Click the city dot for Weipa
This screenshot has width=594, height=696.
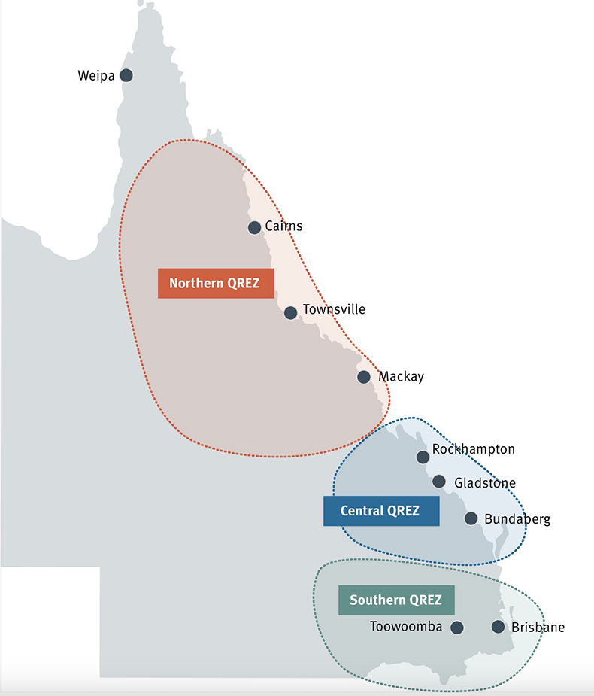tap(126, 75)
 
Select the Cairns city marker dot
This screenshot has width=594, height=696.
tap(254, 227)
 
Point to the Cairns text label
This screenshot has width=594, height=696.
tap(283, 226)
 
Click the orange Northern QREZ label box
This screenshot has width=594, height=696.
tap(216, 284)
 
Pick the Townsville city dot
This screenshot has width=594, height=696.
tap(291, 312)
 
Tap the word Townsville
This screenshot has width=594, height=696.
tap(334, 309)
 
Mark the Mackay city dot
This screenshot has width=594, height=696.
tap(364, 377)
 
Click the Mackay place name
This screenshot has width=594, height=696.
tap(401, 376)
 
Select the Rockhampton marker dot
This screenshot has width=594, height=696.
tap(423, 457)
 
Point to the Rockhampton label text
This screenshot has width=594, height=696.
tap(474, 450)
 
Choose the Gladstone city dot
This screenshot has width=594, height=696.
tap(439, 482)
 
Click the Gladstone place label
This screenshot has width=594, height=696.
tap(485, 483)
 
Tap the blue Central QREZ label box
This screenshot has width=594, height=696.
tap(381, 511)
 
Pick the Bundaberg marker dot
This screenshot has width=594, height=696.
tap(471, 518)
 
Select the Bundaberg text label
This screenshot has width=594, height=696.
tap(517, 519)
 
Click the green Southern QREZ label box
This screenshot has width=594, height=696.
tap(396, 600)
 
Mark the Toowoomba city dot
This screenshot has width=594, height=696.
tap(457, 627)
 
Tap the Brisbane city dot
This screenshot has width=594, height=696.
tap(498, 626)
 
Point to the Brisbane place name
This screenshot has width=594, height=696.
tap(538, 627)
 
